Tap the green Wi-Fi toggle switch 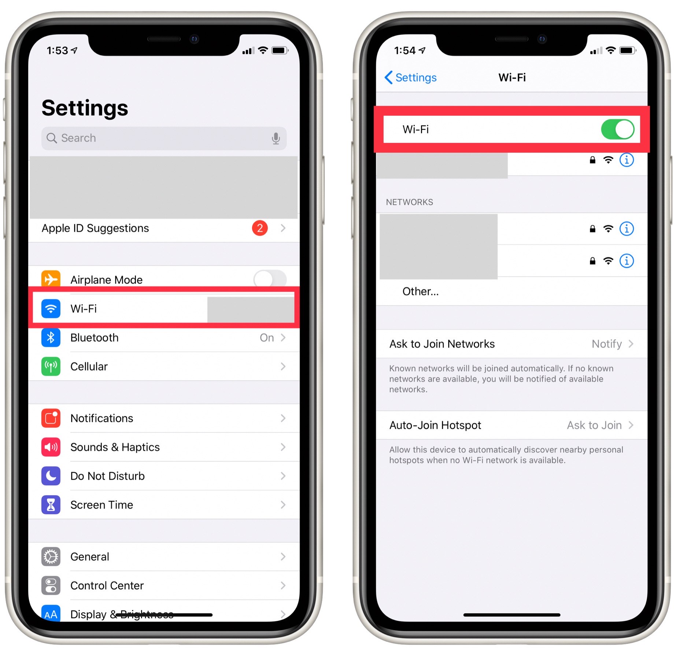point(617,129)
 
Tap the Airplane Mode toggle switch point(270,279)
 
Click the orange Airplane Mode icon point(51,279)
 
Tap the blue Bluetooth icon point(51,337)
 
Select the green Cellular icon point(51,366)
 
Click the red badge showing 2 point(260,228)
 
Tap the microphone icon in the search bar point(276,138)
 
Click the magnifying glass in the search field point(52,138)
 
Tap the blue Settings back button point(411,78)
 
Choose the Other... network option point(420,292)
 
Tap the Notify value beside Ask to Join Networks point(607,344)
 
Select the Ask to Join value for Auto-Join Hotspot point(594,425)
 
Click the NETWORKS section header point(409,202)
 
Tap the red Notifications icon point(51,418)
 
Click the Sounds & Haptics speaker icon point(51,447)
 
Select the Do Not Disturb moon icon point(51,476)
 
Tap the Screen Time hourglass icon point(51,505)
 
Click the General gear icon point(51,557)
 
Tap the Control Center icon point(51,586)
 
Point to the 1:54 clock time point(405,51)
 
